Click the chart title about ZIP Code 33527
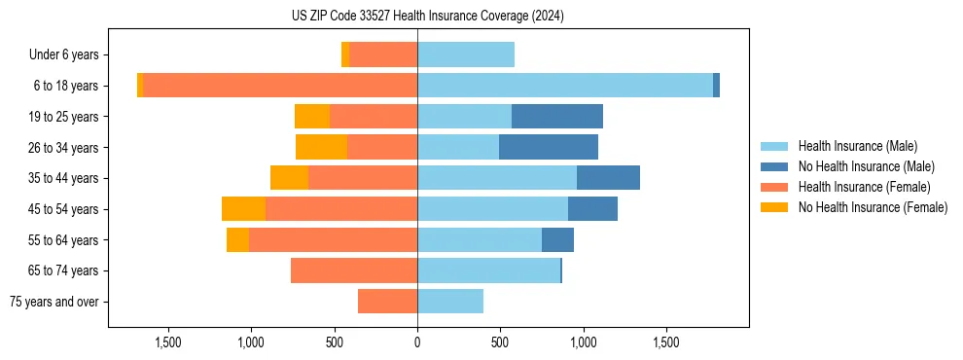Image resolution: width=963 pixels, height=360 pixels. pyautogui.click(x=427, y=16)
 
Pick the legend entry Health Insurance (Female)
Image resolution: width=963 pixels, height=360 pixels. pyautogui.click(x=864, y=187)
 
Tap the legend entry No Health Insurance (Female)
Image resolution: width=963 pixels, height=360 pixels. pyautogui.click(x=873, y=207)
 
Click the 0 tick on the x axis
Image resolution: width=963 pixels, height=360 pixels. pyautogui.click(x=417, y=342)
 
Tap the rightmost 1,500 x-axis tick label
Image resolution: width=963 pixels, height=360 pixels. pyautogui.click(x=666, y=342)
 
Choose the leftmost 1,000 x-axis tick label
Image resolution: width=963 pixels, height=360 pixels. pyautogui.click(x=251, y=342)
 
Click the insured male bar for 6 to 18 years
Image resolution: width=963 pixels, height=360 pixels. pyautogui.click(x=564, y=86)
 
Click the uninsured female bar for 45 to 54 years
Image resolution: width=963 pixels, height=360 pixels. pyautogui.click(x=243, y=209)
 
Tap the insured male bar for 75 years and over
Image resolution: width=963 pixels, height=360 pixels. pyautogui.click(x=450, y=302)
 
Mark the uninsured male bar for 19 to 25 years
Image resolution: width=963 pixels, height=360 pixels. pyautogui.click(x=556, y=117)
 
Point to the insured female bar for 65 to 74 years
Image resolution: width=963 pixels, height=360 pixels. pyautogui.click(x=354, y=270)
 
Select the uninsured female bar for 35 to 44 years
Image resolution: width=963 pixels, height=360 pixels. pyautogui.click(x=289, y=178)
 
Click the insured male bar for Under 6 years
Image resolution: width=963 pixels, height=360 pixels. pyautogui.click(x=466, y=55)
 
